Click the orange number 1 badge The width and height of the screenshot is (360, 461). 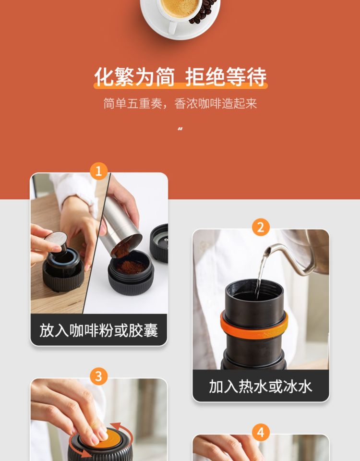point(99,171)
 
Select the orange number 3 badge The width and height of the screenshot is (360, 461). point(99,376)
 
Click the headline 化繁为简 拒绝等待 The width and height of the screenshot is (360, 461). point(180,77)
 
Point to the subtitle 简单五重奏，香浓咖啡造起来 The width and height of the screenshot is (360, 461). point(180,104)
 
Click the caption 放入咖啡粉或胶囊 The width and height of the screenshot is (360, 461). point(99,330)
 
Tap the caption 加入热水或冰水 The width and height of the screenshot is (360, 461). point(261,386)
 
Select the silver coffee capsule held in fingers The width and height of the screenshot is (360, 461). point(57,237)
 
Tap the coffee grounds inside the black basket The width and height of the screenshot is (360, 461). point(131,267)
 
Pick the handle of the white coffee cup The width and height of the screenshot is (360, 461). point(172,26)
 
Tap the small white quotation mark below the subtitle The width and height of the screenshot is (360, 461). point(180,129)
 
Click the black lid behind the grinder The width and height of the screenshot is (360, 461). point(159,243)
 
